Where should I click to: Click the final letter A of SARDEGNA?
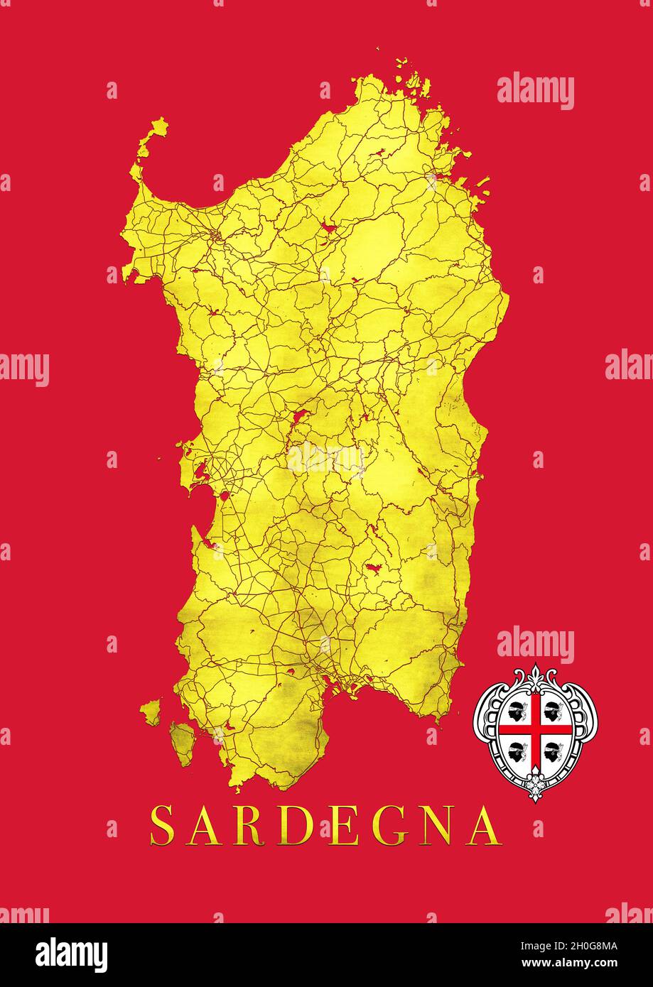coord(485,825)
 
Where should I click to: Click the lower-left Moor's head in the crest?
coord(517,749)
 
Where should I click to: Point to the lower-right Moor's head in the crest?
coord(554,749)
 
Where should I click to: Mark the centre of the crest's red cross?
coord(535,729)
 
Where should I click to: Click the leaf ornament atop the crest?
coord(535,676)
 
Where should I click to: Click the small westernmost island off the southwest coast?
coord(151,711)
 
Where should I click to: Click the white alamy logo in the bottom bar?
coord(72,955)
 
